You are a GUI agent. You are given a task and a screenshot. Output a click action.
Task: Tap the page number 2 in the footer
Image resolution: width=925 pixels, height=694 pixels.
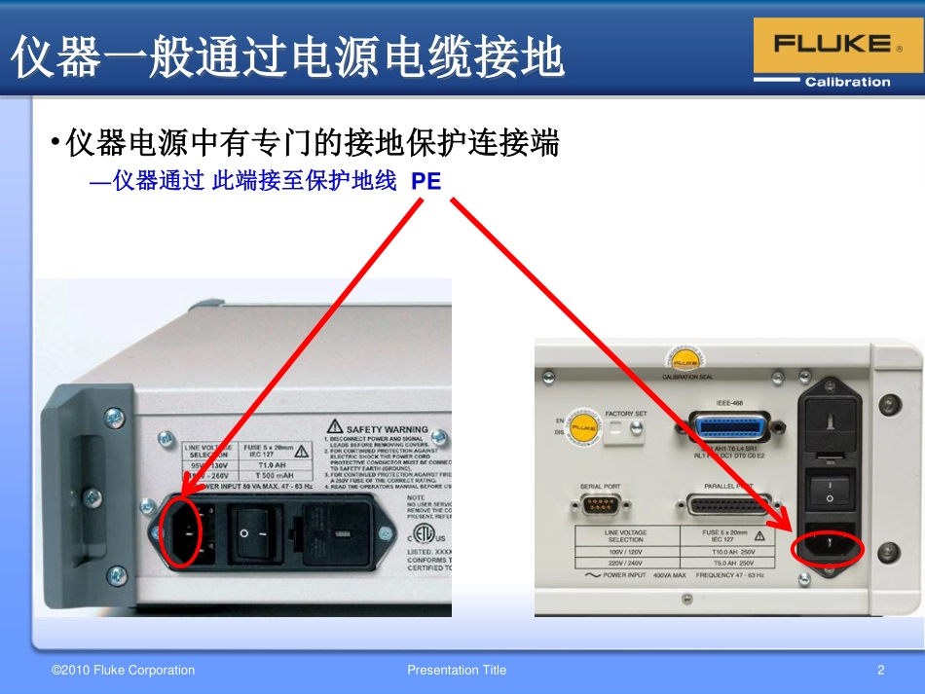coord(880,670)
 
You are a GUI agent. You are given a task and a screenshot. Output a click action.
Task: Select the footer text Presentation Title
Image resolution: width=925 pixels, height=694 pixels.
coord(457,670)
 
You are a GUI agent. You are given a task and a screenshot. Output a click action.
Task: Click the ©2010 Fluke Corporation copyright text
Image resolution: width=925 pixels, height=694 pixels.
coord(123,670)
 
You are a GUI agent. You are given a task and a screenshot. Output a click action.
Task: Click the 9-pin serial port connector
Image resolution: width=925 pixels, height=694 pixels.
coord(599,506)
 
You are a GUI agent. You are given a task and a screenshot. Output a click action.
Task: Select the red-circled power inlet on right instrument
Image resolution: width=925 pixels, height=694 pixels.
coord(828,544)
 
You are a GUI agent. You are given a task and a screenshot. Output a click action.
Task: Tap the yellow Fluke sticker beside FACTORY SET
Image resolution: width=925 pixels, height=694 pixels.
coord(583,427)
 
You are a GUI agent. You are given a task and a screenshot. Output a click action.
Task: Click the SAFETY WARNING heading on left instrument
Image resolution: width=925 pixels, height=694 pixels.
coord(387,428)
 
